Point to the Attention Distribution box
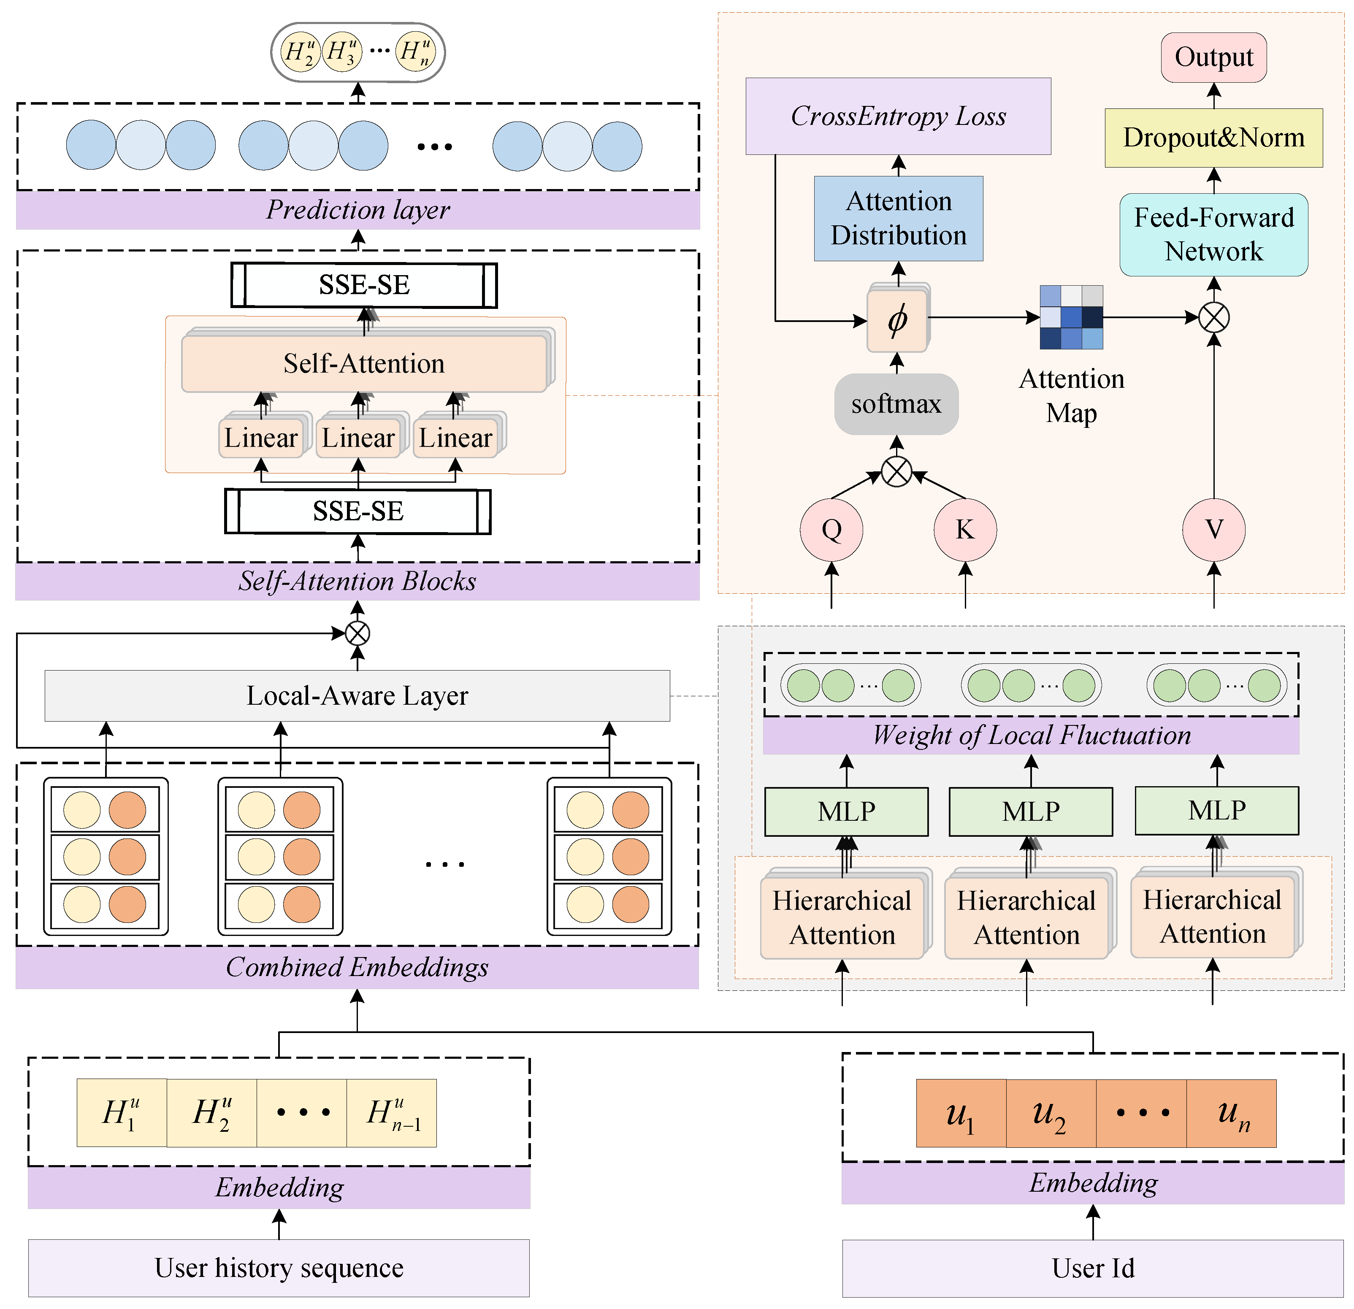898,218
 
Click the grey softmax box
896,404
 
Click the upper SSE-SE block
364,284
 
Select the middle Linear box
358,438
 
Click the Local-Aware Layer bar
357,695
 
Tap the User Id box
1092,1268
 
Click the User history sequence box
279,1268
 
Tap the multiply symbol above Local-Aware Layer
357,633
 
